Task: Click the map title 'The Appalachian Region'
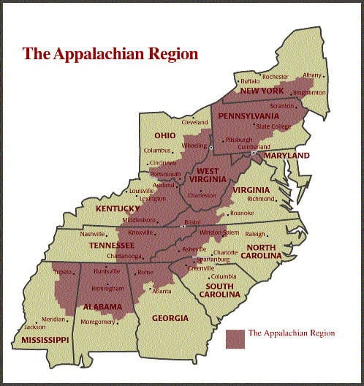tap(110, 53)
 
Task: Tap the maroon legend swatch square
tap(235, 338)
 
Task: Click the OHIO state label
tap(164, 135)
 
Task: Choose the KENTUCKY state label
tap(117, 209)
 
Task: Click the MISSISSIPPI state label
tap(45, 341)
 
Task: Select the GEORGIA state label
tap(169, 318)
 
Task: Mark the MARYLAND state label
tap(287, 155)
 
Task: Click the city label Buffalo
tap(250, 80)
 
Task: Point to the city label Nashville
tap(93, 234)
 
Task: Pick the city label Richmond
tap(261, 198)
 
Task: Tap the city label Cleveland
tap(194, 122)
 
